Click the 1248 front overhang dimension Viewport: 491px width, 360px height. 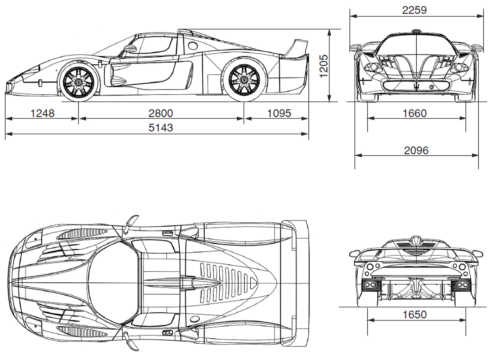click(42, 113)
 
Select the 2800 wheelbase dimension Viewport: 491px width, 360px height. click(160, 113)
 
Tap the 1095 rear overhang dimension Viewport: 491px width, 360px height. click(279, 113)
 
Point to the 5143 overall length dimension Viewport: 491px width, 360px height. click(160, 128)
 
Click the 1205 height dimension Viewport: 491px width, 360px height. click(324, 66)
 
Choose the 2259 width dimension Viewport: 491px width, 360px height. click(414, 10)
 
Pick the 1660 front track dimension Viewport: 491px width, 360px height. click(414, 113)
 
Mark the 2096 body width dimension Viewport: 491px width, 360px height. click(416, 151)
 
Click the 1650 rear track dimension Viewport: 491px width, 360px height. click(414, 314)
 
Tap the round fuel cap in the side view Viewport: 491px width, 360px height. click(193, 46)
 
